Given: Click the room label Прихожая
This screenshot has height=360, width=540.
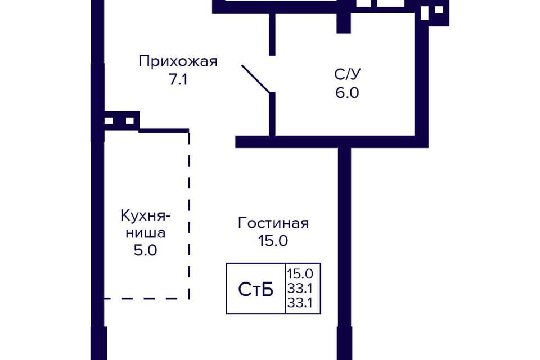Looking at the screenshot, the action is click(x=178, y=61).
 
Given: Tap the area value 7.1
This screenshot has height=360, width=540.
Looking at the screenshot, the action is click(x=178, y=79).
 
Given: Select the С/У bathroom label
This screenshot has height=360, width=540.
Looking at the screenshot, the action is click(x=348, y=74).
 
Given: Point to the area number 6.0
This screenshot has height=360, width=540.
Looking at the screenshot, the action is click(x=348, y=93).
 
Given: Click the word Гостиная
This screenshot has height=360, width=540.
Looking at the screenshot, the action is click(x=273, y=223).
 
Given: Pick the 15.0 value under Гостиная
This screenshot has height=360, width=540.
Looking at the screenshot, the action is click(x=273, y=240).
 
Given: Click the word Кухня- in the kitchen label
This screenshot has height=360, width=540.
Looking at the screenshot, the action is click(x=146, y=216).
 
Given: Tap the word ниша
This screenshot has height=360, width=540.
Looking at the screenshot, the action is click(x=146, y=233).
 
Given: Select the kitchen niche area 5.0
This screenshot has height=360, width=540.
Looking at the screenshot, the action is click(x=146, y=250).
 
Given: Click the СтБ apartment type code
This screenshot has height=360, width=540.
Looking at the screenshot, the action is click(x=256, y=289).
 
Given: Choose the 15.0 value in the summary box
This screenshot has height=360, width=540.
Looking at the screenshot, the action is click(x=300, y=274).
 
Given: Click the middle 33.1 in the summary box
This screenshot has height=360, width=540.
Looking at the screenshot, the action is click(x=300, y=289).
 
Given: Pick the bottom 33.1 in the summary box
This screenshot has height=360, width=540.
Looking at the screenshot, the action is click(x=300, y=303).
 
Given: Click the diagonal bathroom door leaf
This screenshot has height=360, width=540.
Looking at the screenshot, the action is click(x=256, y=79).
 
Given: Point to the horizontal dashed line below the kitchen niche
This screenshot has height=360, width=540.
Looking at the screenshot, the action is click(x=147, y=298).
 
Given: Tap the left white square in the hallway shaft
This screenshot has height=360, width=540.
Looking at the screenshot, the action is click(x=109, y=120).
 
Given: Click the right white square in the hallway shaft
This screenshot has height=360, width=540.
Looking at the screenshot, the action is click(x=130, y=120).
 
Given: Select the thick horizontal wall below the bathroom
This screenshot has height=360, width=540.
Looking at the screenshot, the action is click(x=332, y=142).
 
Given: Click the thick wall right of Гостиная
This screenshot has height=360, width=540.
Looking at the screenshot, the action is click(x=345, y=254).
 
